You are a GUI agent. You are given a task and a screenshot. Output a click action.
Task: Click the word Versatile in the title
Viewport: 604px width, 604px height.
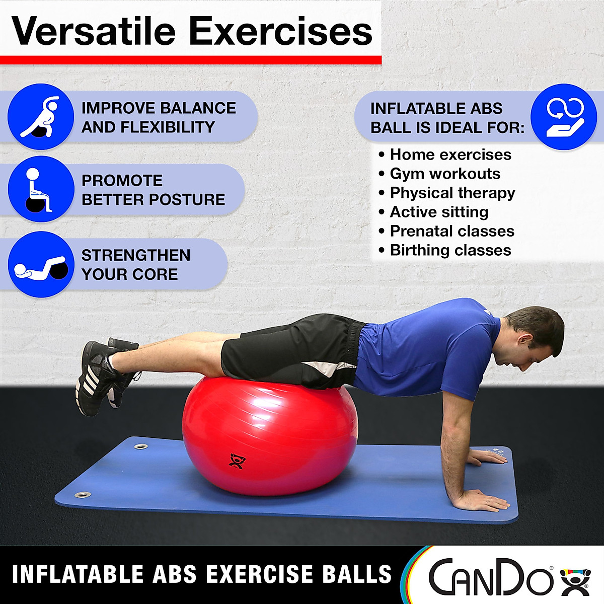93,31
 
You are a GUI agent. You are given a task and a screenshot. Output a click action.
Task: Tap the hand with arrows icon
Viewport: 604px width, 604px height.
564,117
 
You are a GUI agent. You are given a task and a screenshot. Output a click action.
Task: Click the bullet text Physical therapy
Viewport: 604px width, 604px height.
452,193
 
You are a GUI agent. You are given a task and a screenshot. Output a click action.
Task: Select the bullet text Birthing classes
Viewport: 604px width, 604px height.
450,250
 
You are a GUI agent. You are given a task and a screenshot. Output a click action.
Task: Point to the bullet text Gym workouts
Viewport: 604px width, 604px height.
445,174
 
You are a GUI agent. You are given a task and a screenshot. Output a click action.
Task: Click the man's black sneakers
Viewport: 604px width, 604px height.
101,375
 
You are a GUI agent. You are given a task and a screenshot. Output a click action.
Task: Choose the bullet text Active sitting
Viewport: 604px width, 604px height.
439,212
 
